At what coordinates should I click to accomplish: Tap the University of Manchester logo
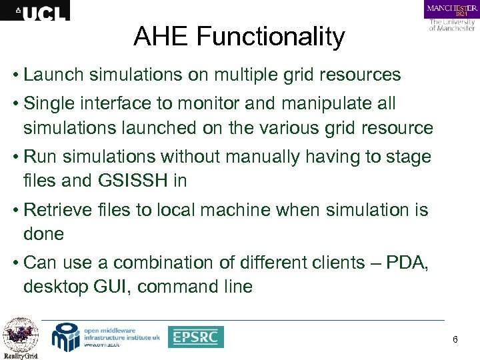point(451,16)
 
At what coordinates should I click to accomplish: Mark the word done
point(43,234)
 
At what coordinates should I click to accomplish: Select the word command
point(194,287)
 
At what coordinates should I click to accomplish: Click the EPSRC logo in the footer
point(195,337)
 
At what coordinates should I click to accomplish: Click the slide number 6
point(455,340)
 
